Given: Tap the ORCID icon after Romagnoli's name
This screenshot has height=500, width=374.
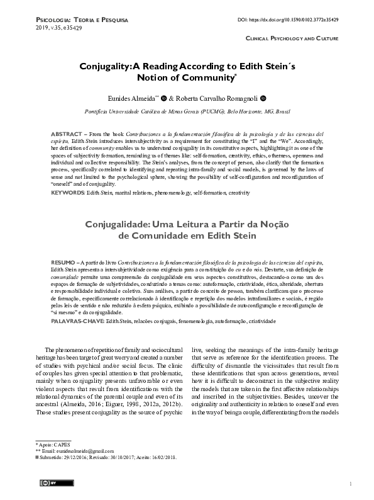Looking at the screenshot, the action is pyautogui.click(x=263, y=98).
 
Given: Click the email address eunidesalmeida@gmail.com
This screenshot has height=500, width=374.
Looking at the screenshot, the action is pyautogui.click(x=62, y=451).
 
